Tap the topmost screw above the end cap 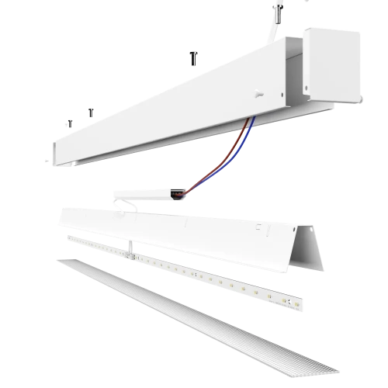coord(277,11)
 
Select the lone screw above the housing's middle coord(192,57)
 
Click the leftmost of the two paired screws coord(71,123)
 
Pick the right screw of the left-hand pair coord(91,113)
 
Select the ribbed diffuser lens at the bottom coord(202,318)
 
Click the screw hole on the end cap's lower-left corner coord(308,87)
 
